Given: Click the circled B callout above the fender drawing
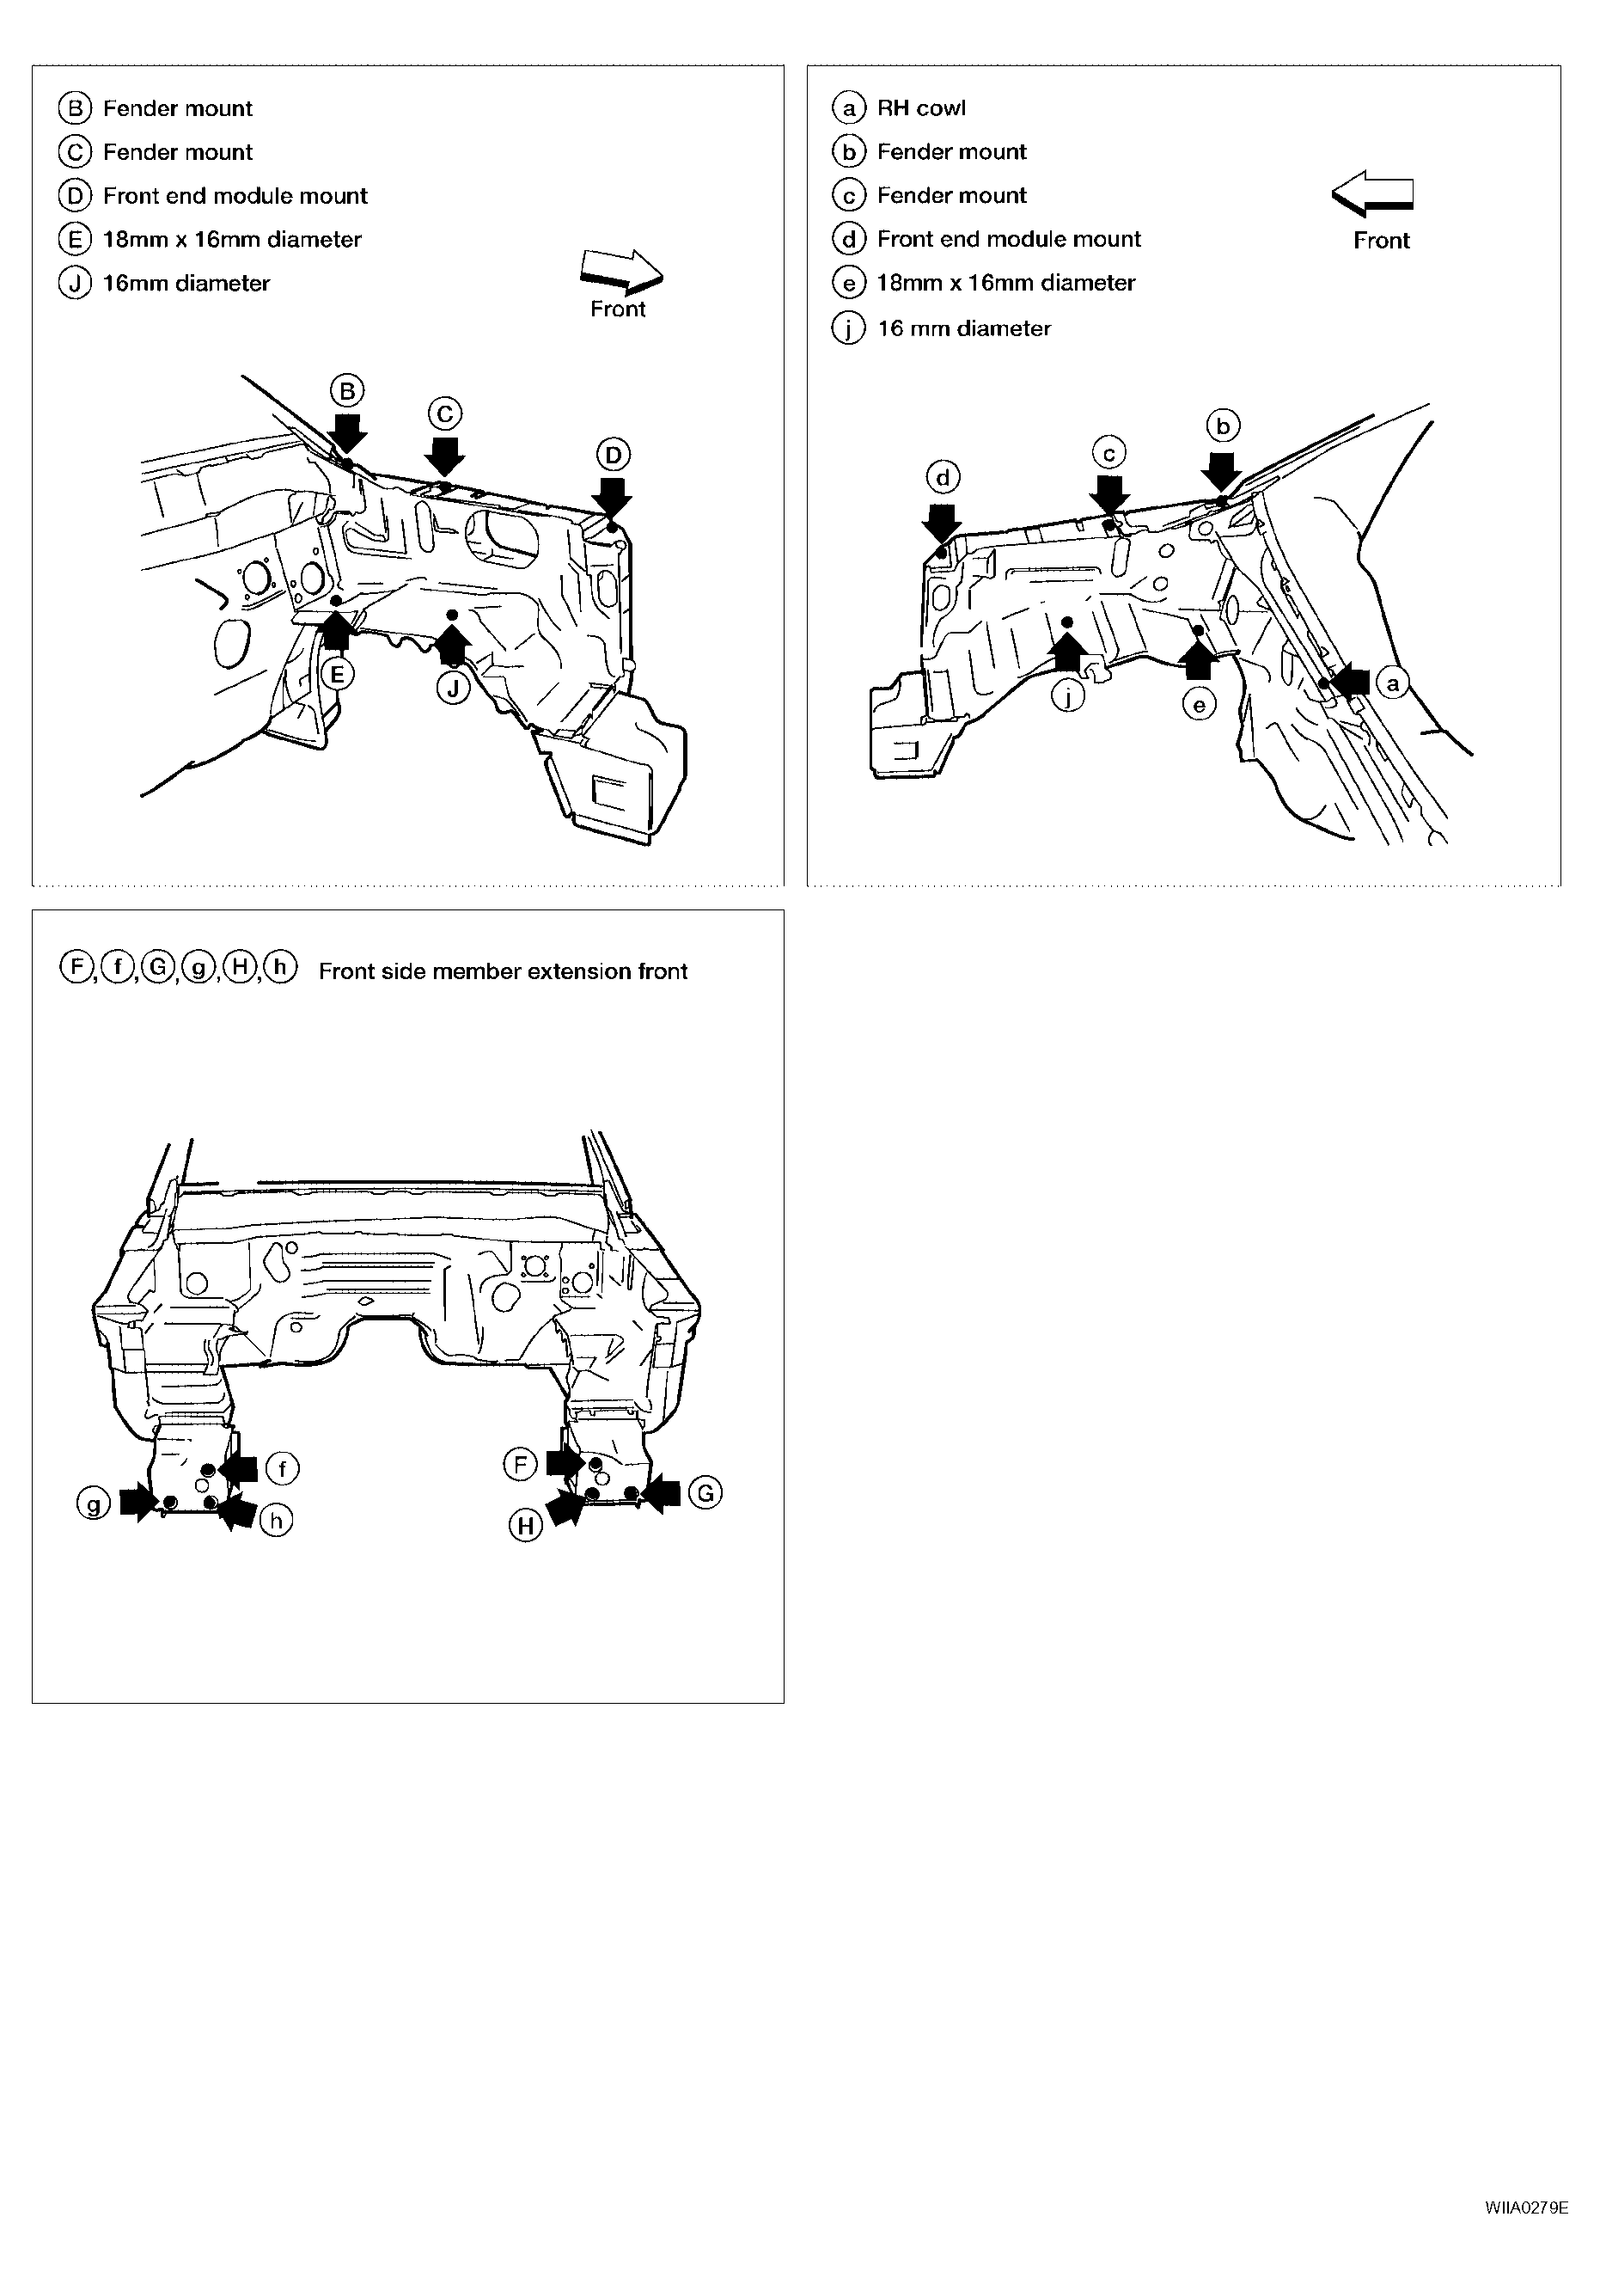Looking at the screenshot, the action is coord(347,391).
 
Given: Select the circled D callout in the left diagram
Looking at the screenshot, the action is coord(613,455).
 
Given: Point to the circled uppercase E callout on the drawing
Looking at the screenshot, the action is coord(337,675).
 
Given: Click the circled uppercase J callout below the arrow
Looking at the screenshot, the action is coord(454,688).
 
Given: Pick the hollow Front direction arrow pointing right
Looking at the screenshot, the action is coord(622,269).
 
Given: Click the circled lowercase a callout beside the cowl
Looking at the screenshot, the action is coord(1393,683).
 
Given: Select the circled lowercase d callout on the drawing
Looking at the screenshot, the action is coord(943,478).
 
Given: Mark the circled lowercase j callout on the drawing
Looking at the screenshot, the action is coord(1067,697).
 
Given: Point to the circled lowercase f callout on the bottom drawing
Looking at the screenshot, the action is coord(283,1467).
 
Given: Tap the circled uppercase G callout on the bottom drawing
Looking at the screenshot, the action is coord(705,1493).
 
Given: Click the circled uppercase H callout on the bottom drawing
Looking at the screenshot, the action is coord(526,1525).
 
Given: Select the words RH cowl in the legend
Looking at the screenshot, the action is coord(921,108).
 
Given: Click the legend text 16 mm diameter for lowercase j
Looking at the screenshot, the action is coord(964,328).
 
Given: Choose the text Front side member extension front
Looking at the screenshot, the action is coord(503,971).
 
